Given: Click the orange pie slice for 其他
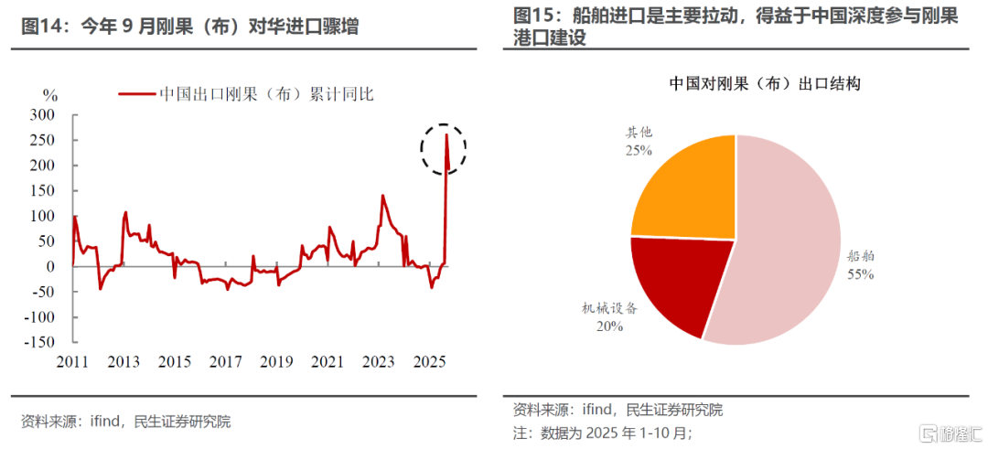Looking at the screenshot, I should pyautogui.click(x=686, y=187).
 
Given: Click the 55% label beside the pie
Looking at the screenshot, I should pyautogui.click(x=860, y=273).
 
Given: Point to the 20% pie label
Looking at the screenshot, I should pyautogui.click(x=610, y=326).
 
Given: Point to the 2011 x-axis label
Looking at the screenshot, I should pyautogui.click(x=73, y=362).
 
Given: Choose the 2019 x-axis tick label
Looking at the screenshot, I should pyautogui.click(x=276, y=362).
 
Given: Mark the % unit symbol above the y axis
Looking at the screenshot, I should pyautogui.click(x=50, y=95).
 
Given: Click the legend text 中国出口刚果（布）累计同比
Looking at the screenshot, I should pyautogui.click(x=266, y=94).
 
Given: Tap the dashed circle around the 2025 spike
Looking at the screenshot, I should pyautogui.click(x=443, y=148).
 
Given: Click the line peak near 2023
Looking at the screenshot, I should pyautogui.click(x=381, y=196).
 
